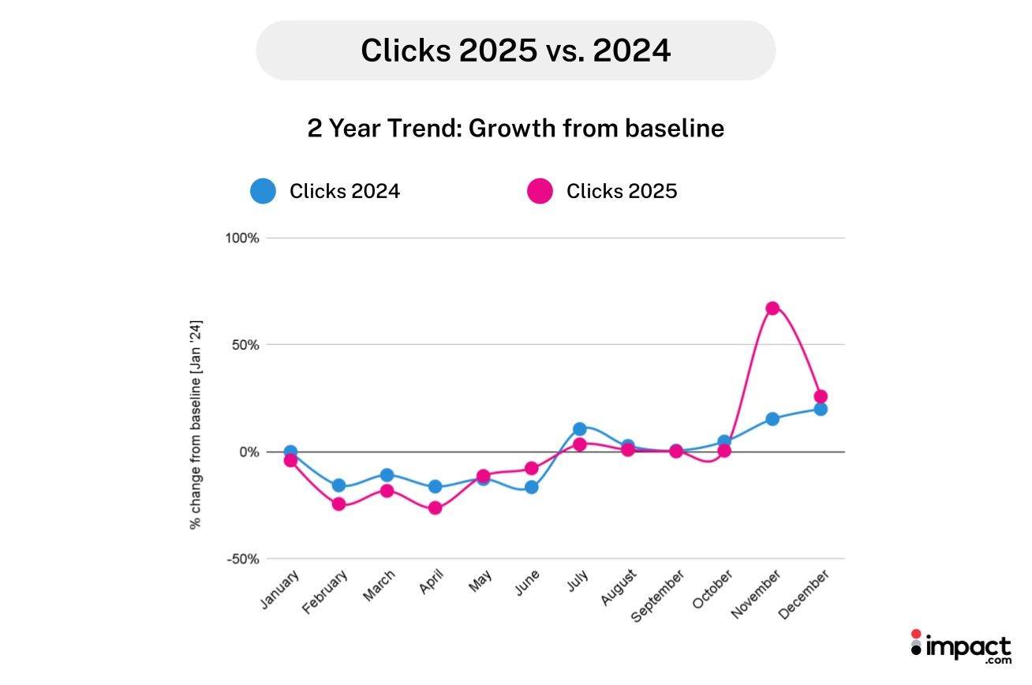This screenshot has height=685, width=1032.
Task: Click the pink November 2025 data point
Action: (772, 308)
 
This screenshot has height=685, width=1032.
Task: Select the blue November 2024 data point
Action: (772, 418)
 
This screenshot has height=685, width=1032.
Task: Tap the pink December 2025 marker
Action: (821, 396)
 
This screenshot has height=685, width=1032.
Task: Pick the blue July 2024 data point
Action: (580, 429)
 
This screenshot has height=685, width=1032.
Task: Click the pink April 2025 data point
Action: (435, 507)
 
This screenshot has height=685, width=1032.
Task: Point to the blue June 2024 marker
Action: (532, 487)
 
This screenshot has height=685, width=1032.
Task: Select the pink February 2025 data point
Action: (338, 503)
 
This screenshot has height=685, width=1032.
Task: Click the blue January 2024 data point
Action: (290, 451)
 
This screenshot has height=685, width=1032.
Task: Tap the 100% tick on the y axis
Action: (242, 238)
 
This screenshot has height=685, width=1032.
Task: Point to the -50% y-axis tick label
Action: (244, 560)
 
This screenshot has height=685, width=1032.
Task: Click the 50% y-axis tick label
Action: (245, 345)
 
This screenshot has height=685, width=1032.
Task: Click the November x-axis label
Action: (757, 596)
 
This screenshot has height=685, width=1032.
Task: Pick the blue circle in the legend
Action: (263, 191)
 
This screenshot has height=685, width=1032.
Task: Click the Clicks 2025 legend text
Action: (622, 191)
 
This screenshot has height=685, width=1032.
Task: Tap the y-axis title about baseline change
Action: (195, 424)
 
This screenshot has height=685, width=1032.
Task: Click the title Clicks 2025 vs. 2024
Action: (515, 51)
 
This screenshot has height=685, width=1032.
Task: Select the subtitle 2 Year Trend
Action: (515, 128)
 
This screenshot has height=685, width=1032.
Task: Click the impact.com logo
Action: (959, 647)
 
